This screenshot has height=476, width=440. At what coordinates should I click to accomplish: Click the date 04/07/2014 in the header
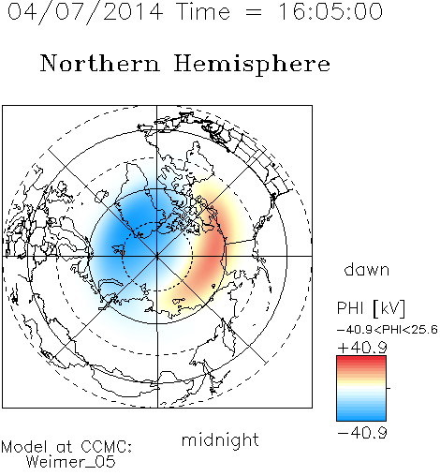click(x=85, y=12)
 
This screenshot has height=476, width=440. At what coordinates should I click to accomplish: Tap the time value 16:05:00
click(x=330, y=11)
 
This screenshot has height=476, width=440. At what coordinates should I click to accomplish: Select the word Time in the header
click(x=203, y=11)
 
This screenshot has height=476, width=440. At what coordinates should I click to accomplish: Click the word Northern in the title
click(x=100, y=64)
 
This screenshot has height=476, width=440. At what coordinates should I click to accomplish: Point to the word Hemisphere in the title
click(x=252, y=65)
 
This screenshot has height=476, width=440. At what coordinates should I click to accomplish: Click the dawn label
click(x=367, y=270)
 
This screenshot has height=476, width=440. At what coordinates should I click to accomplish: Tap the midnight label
click(x=220, y=440)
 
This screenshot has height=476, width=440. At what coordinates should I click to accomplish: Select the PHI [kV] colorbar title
click(x=371, y=308)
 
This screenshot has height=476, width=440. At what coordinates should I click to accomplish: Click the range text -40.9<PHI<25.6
click(x=388, y=330)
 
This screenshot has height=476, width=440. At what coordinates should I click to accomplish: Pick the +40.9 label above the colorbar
click(x=362, y=348)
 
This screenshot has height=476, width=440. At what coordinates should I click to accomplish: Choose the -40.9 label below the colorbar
click(x=362, y=433)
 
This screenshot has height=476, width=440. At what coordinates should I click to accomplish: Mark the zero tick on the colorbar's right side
click(x=389, y=388)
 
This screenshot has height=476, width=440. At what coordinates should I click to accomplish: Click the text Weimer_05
click(x=71, y=462)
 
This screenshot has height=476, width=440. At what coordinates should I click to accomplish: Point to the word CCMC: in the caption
click(x=106, y=447)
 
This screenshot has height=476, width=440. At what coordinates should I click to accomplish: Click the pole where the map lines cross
click(x=157, y=256)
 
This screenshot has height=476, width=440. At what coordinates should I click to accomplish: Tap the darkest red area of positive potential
click(x=213, y=250)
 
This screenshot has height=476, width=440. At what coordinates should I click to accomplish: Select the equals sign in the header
click(x=254, y=12)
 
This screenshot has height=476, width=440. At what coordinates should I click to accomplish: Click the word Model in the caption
click(x=24, y=447)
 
